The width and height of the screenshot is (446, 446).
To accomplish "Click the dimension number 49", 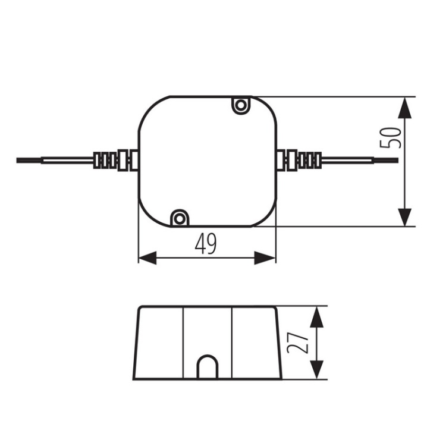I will pyautogui.click(x=206, y=243).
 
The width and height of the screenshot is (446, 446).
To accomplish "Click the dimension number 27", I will pyautogui.click(x=300, y=343).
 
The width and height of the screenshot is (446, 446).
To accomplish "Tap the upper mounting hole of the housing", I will pyautogui.click(x=240, y=106).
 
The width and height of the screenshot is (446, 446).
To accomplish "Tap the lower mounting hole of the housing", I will pyautogui.click(x=179, y=218).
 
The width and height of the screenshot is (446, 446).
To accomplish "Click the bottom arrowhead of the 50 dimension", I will pyautogui.click(x=404, y=215).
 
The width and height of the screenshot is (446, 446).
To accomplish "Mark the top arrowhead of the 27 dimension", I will pyautogui.click(x=318, y=317).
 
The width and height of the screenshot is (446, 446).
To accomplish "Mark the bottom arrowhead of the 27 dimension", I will pyautogui.click(x=318, y=369).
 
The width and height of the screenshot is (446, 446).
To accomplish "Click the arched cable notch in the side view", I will pyautogui.click(x=207, y=368).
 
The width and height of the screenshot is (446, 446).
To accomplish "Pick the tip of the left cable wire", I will pyautogui.click(x=19, y=161).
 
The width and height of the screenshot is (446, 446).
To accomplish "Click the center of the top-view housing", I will pyautogui.click(x=208, y=161).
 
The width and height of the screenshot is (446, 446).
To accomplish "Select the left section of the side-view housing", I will pyautogui.click(x=159, y=343).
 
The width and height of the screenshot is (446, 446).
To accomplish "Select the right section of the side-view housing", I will pyautogui.click(x=255, y=343).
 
